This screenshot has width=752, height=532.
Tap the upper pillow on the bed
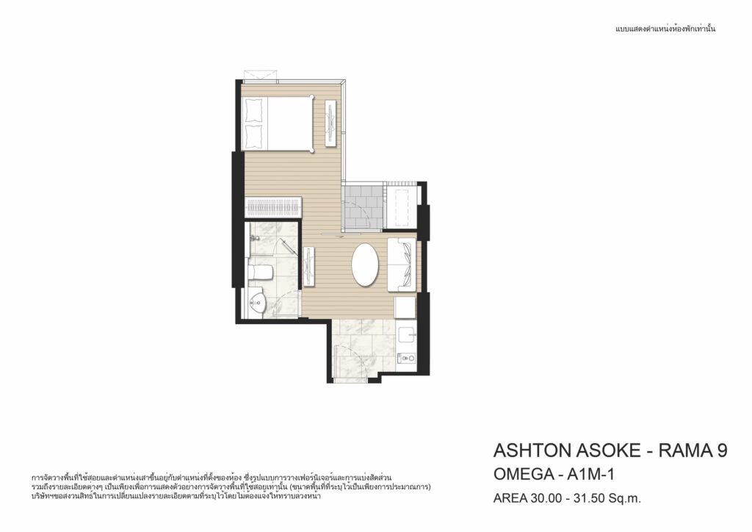(254, 110)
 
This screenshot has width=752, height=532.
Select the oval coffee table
(366, 265)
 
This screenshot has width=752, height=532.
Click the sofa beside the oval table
(401, 265)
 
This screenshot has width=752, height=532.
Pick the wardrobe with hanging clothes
(273, 208)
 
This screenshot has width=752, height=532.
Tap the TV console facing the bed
(331, 123)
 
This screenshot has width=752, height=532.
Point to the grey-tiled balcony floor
(364, 206)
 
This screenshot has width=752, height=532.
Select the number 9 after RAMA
(722, 450)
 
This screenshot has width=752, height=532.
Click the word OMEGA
(524, 475)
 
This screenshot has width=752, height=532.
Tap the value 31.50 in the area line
(587, 498)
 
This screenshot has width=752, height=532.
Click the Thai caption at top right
(665, 29)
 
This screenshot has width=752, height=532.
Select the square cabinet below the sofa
(405, 307)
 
